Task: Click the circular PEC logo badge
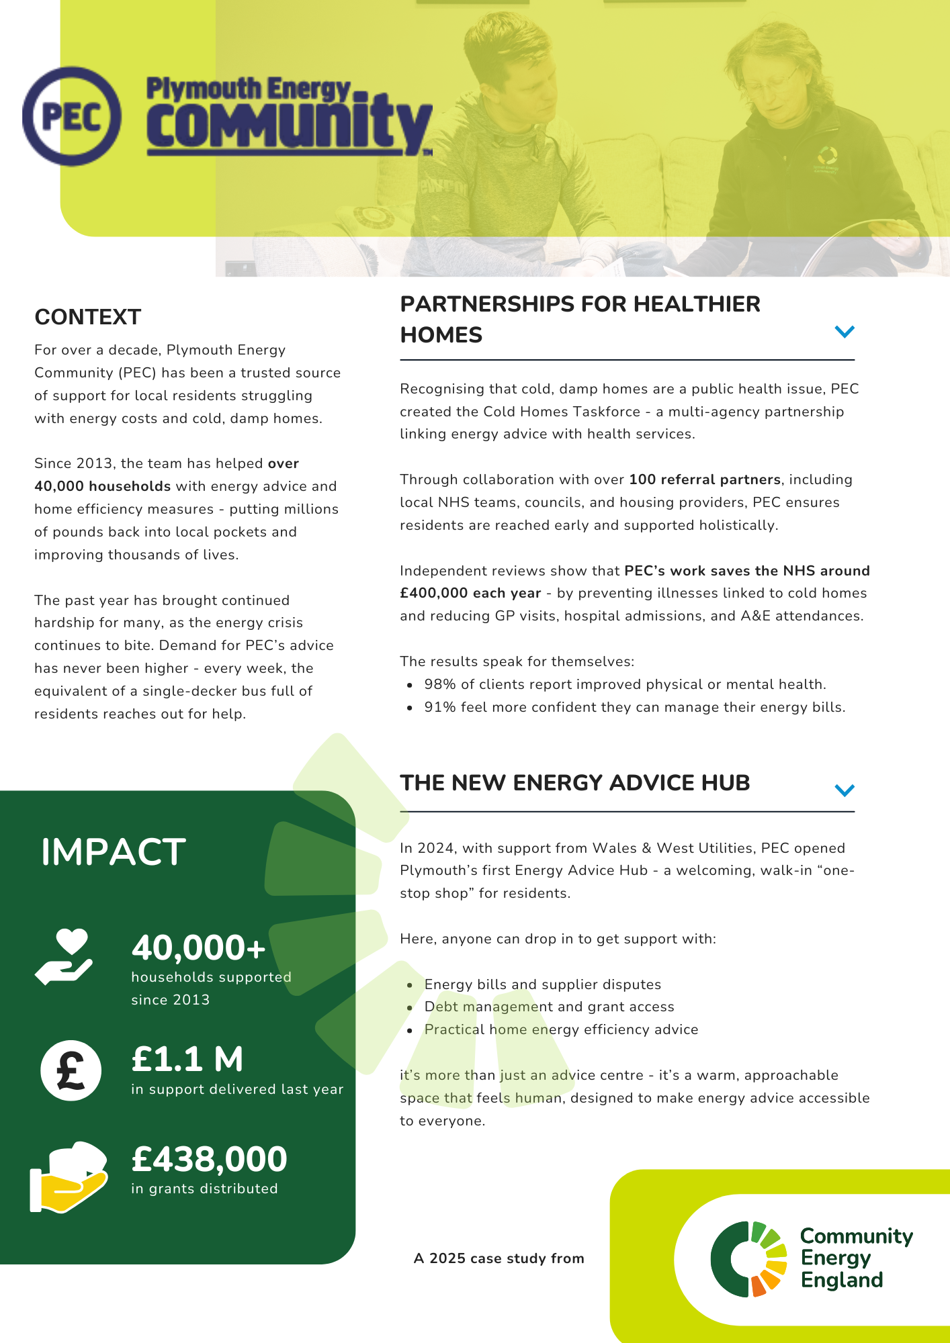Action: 72,116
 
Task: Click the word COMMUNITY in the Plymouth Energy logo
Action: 289,124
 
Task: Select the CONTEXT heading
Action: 88,317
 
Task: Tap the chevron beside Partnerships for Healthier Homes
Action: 844,332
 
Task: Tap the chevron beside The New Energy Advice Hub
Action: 844,790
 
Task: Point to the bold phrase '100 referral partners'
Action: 704,479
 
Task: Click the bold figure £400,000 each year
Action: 470,593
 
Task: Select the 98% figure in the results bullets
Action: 439,684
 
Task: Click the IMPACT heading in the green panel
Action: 114,852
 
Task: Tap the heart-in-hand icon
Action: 64,956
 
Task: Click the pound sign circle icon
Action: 71,1070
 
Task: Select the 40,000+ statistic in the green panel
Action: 199,948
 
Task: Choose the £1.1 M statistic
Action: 187,1059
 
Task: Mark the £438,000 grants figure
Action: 210,1159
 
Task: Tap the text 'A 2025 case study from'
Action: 499,1258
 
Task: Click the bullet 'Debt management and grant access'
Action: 549,1007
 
